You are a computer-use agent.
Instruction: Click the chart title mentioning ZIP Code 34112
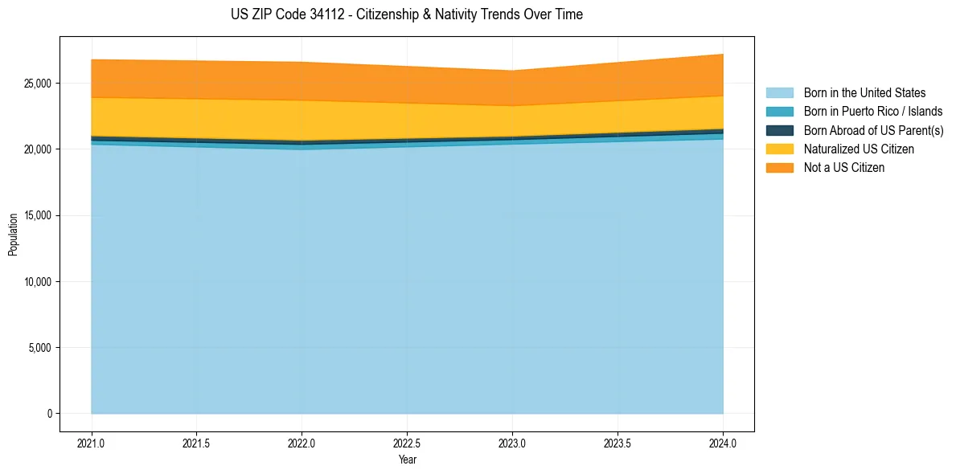(x=407, y=14)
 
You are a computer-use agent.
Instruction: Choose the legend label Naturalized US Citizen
(x=859, y=149)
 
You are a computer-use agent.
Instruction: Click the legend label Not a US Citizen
(x=844, y=168)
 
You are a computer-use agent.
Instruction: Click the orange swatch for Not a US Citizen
(x=779, y=168)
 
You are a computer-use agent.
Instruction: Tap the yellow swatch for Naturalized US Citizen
(x=779, y=149)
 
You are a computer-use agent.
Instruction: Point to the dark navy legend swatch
(x=779, y=130)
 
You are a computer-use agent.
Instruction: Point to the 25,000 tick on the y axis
(x=38, y=84)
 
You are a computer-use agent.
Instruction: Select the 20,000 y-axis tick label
(x=38, y=149)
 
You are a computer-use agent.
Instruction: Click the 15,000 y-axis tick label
(x=38, y=215)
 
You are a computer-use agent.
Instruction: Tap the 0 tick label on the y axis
(x=49, y=414)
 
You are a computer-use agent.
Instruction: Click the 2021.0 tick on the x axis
(x=92, y=443)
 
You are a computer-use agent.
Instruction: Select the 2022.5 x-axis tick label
(x=407, y=443)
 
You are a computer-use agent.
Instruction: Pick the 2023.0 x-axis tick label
(x=512, y=443)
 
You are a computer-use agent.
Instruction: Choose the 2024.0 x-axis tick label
(x=723, y=443)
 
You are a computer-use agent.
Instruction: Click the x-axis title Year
(x=407, y=460)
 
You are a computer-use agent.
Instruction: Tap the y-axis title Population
(x=13, y=235)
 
